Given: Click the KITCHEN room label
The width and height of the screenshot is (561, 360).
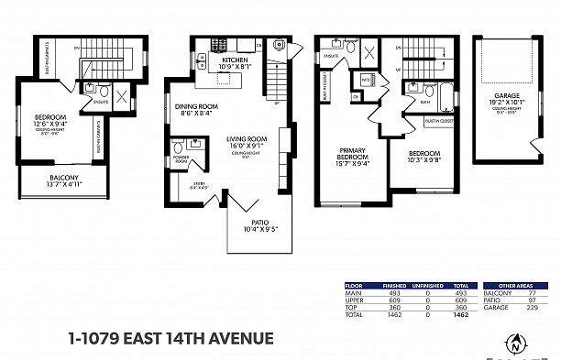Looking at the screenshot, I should click(234, 60).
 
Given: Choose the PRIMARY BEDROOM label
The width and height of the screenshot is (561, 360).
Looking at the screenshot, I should click(353, 154).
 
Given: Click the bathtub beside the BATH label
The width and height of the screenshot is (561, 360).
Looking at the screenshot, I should click(445, 94).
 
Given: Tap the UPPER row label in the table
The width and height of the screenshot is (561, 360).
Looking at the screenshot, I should click(353, 300).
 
